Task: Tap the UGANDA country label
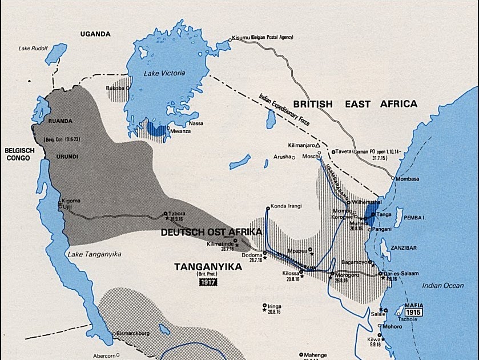pyautogui.click(x=95, y=34)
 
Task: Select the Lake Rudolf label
pyautogui.click(x=33, y=47)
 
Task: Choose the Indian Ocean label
pyautogui.click(x=443, y=285)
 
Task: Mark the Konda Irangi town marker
pyautogui.click(x=267, y=207)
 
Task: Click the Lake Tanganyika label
pyautogui.click(x=88, y=254)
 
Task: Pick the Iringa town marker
pyautogui.click(x=264, y=305)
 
